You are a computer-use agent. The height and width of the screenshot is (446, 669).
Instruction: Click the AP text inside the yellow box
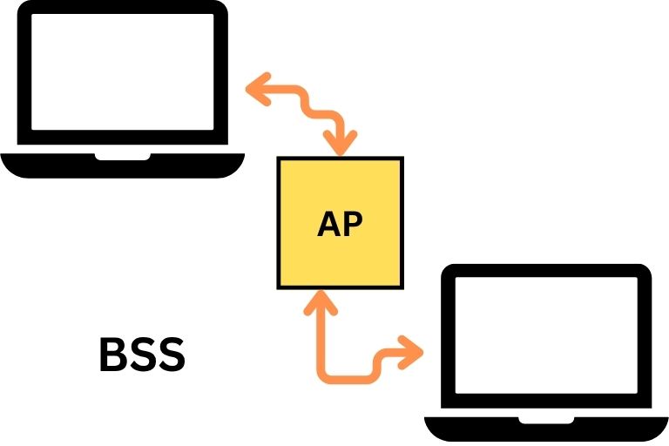coord(340,224)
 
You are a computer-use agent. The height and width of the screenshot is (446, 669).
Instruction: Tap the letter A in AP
coord(328,224)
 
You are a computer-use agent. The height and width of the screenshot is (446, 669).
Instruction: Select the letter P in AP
coord(354,224)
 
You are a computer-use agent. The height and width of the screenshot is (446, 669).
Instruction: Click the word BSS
coord(143,355)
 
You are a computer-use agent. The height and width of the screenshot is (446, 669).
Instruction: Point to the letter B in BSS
coord(112,355)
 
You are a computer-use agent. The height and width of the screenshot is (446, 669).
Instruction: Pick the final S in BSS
coord(172,355)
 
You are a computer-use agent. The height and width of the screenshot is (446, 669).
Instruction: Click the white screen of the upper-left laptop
coord(123,71)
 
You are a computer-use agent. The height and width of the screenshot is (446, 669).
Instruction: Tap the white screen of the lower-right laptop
coord(546,335)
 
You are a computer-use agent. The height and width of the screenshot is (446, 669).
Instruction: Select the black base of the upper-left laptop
coord(123,166)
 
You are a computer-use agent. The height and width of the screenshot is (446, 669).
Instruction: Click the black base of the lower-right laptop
coord(546,429)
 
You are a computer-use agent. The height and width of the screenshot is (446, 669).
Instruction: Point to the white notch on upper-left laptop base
coord(123,157)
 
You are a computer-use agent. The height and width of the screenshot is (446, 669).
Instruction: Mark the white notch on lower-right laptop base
coord(546,421)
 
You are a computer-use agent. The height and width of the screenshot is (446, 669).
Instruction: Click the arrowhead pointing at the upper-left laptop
coord(257,89)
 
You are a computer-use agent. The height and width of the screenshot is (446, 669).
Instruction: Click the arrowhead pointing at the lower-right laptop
coord(411,353)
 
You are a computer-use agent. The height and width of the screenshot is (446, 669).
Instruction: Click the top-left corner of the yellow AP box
coord(277,157)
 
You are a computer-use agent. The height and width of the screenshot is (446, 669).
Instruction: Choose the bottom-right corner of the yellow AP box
coord(403,289)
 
